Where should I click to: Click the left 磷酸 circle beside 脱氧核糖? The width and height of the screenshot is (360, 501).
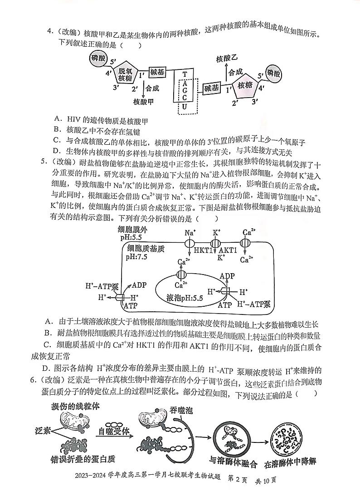[98, 58]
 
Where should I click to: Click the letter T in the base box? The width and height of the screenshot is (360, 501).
[185, 74]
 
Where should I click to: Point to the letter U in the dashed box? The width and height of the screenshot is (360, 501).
[185, 107]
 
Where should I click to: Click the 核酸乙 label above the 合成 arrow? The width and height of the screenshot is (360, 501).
[227, 59]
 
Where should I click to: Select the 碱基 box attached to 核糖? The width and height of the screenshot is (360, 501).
[212, 88]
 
